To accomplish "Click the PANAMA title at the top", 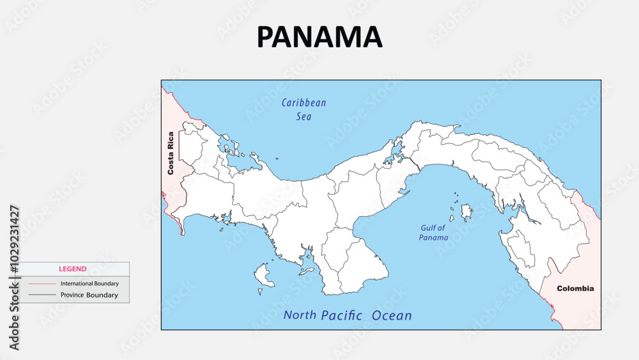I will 319,37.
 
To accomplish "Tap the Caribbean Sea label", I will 304,109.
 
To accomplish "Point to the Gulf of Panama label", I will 434,233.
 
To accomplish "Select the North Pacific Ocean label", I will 348,315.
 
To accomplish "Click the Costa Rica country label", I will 171,153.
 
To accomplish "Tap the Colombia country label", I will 575,288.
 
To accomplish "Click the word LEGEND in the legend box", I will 73,269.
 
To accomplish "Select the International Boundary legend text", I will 89,283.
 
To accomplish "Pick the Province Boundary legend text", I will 89,295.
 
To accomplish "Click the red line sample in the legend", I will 42,283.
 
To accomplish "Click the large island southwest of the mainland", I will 263,276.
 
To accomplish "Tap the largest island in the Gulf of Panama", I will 466,210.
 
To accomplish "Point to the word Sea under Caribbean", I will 304,117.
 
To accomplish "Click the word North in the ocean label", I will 300,315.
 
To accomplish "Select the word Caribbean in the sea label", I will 304,102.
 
